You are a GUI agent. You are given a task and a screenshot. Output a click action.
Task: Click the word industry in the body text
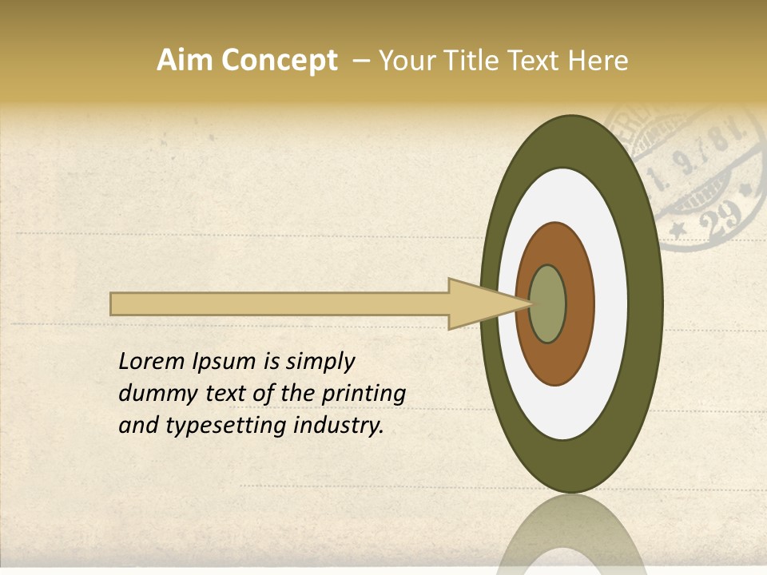(339, 426)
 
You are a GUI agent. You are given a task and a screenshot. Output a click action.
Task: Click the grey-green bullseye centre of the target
(548, 304)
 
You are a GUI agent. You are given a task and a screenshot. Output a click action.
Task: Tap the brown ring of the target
(579, 304)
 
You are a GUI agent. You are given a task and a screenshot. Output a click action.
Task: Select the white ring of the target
(610, 304)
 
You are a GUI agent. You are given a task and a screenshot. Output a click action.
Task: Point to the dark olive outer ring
(646, 304)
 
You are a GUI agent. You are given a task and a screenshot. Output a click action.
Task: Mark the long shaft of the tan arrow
(280, 304)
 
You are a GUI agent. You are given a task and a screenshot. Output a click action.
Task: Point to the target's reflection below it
(571, 535)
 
